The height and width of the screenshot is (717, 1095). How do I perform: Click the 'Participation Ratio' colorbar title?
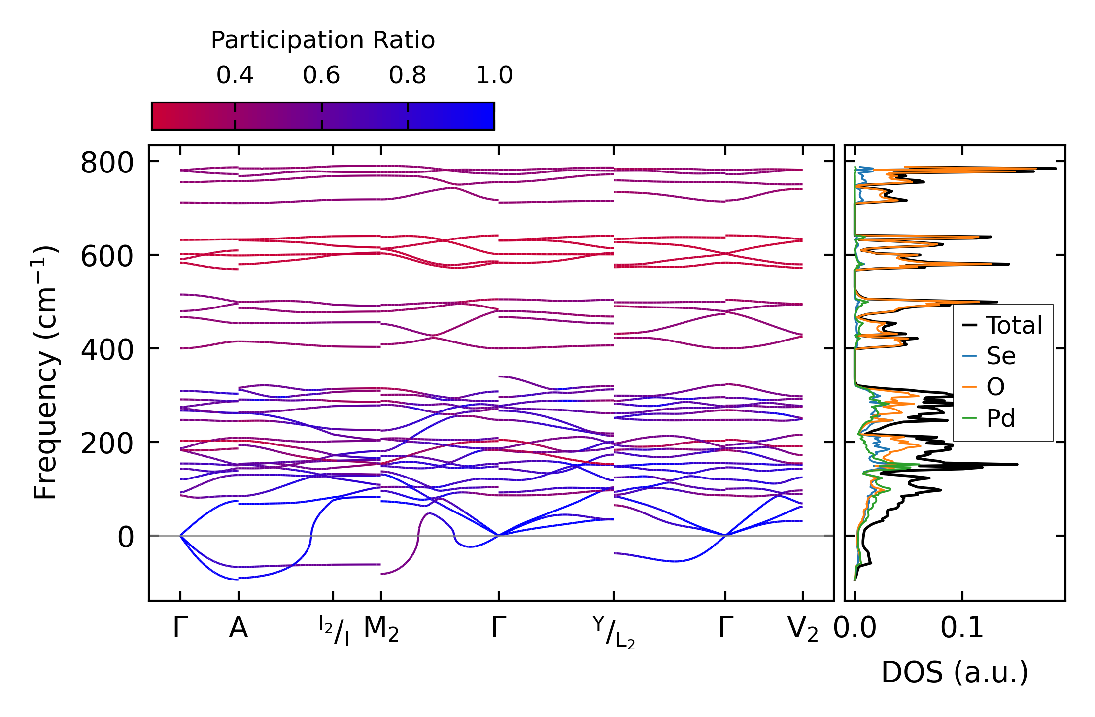[x=323, y=40]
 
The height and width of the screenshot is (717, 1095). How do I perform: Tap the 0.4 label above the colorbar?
[x=235, y=75]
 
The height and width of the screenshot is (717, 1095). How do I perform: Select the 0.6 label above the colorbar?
[x=321, y=75]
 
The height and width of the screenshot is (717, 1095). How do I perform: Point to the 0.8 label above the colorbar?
[x=408, y=75]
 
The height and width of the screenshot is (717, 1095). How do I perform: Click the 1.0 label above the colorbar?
[x=494, y=75]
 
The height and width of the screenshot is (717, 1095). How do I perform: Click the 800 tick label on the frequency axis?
[x=107, y=163]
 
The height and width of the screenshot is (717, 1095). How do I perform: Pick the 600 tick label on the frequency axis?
[x=107, y=256]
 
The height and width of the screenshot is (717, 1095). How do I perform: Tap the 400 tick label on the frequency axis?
[x=107, y=350]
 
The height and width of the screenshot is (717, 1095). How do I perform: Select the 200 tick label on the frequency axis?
[x=107, y=444]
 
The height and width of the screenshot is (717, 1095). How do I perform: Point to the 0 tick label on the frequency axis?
[x=126, y=537]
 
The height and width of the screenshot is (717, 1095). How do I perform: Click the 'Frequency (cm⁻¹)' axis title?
[x=45, y=373]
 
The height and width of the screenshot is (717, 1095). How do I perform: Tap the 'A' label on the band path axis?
[x=239, y=628]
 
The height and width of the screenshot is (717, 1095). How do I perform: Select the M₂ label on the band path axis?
[x=381, y=630]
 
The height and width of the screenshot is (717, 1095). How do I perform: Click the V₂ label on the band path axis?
[x=803, y=630]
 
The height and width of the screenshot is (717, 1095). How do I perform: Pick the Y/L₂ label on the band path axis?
[x=614, y=632]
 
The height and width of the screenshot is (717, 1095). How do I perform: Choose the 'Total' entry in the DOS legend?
[x=1014, y=325]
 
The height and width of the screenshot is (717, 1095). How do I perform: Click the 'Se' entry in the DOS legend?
[x=1001, y=356]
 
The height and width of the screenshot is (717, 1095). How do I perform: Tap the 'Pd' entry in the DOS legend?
[x=1001, y=418]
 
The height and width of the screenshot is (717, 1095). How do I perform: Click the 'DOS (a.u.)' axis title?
[x=955, y=673]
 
